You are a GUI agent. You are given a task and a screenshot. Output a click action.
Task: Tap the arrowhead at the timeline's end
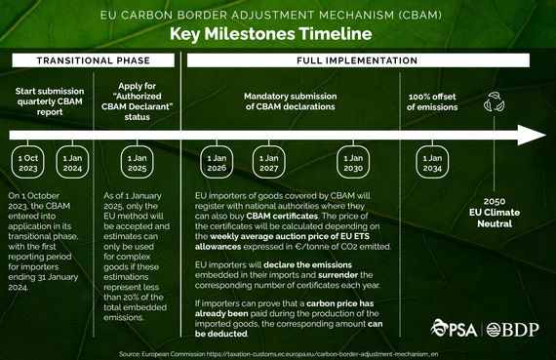[x=529, y=135]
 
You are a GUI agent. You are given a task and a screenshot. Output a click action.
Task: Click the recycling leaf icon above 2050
[x=494, y=100]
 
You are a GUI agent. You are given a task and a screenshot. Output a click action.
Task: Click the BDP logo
[x=508, y=326]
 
